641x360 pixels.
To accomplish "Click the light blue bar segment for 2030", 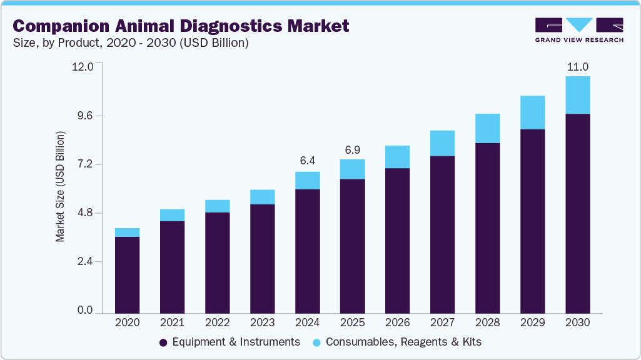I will coord(577,95).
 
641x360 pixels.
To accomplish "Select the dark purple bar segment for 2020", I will coord(127,274).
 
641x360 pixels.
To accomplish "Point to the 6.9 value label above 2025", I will coord(352,149).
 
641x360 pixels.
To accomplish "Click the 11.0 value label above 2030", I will coord(577,66).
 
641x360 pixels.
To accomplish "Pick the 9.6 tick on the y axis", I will coord(84,116).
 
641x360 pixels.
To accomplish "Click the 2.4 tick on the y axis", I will coord(84,262).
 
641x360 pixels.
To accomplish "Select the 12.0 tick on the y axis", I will coord(83,66).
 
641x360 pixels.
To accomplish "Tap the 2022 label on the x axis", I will coord(217,322).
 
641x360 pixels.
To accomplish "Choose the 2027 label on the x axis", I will coord(442,322).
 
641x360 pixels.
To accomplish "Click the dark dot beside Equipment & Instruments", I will coord(163,342).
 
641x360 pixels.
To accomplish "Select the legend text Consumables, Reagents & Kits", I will coord(403,342).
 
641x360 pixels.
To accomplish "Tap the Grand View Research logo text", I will coord(579,40).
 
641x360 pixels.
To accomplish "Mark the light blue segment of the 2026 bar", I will coord(397,157).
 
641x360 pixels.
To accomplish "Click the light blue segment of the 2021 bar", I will coord(172,215).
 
